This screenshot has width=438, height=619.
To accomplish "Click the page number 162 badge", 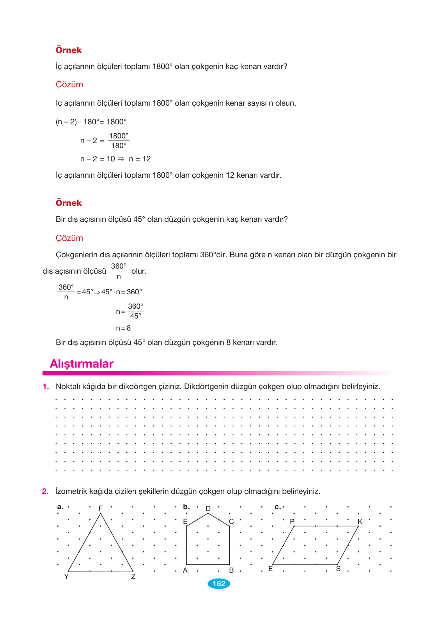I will point(219,584).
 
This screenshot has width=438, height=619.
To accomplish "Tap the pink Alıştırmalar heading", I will point(82,364).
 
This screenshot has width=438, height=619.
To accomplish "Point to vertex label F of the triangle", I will point(101,508).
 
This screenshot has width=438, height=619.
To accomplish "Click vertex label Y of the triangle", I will point(66,577).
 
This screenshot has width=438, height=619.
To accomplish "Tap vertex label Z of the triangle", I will point(133,577).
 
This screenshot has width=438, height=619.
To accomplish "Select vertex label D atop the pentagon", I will point(208,509).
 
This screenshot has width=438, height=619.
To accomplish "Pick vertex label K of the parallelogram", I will point(360,522).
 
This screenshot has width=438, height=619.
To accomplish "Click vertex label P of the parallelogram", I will point(292,522).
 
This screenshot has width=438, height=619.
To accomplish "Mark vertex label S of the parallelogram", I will point(338,569).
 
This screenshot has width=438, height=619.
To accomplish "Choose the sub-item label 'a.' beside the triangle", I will point(60,507).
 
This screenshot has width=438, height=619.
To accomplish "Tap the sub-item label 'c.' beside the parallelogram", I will point(278,507).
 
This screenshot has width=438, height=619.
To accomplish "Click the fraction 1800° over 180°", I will point(119,141).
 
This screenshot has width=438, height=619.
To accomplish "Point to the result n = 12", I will point(140,159).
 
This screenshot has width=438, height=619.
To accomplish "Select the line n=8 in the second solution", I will point(123,328).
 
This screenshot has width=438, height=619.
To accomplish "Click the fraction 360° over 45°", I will point(136,311).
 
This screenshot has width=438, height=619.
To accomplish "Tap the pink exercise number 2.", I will point(45,492).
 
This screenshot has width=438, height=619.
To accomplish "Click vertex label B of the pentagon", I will point(231,570).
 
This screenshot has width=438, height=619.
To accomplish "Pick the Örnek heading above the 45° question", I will point(69,203).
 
